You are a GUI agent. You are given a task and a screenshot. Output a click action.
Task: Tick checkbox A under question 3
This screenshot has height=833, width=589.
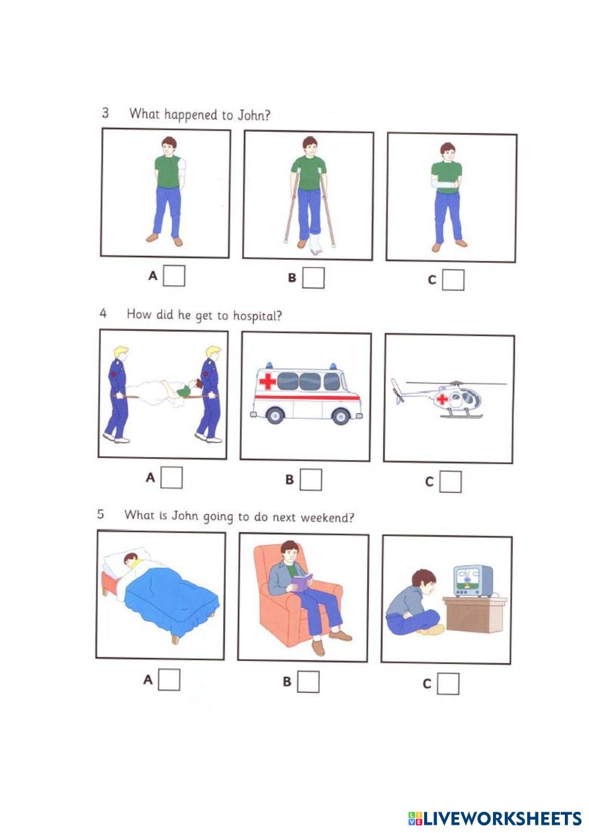(174, 276)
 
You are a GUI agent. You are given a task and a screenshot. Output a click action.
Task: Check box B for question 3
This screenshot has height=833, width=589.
(313, 278)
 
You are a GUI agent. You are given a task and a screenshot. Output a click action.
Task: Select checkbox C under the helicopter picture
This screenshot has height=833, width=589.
(451, 482)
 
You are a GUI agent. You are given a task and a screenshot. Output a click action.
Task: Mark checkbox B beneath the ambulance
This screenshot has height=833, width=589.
(311, 480)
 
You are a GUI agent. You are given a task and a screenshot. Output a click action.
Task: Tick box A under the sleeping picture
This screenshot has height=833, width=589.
(169, 680)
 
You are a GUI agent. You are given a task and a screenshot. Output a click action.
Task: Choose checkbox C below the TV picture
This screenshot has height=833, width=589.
(448, 683)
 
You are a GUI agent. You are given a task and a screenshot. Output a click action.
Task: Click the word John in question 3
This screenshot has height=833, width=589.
(254, 115)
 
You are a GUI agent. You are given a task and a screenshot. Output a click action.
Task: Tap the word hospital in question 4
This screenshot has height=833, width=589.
(257, 316)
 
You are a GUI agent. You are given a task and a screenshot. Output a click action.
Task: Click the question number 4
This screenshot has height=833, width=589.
(103, 313)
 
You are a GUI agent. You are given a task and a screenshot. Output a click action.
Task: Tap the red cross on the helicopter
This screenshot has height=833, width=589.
(442, 399)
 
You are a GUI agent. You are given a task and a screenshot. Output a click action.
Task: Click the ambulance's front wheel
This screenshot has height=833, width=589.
(341, 416)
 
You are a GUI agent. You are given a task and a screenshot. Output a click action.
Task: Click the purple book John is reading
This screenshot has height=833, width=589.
(302, 583)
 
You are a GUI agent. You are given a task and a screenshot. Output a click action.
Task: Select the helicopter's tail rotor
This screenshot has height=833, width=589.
(397, 391)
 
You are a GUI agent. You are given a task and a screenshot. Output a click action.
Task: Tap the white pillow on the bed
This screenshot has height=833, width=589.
(127, 557)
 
